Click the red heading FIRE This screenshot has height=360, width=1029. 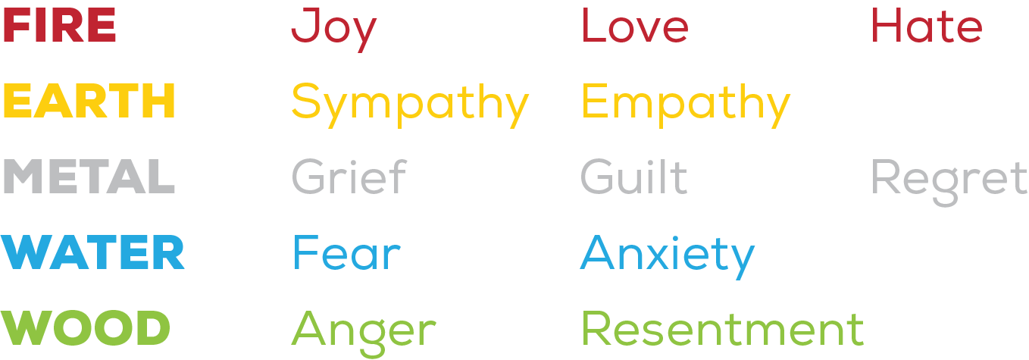(60, 26)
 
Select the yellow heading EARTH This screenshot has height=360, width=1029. (89, 102)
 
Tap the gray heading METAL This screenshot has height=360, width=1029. (89, 177)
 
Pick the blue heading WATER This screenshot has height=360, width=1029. (93, 253)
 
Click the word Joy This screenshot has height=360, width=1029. (333, 27)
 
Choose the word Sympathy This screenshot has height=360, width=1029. (410, 103)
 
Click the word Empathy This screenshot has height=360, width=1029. (686, 103)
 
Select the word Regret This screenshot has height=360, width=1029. (949, 179)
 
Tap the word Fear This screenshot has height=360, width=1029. (346, 253)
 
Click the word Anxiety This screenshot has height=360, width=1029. (667, 255)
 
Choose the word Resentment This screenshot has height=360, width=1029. (722, 329)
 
